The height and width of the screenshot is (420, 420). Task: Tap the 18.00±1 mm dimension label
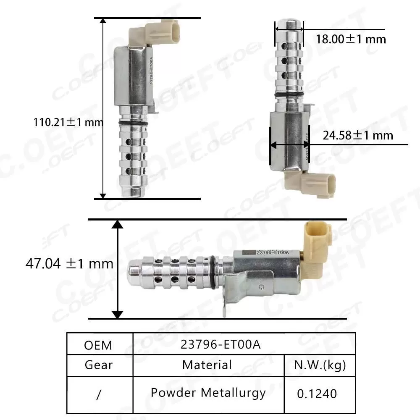point(351,39)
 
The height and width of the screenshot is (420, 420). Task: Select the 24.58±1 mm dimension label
point(358,135)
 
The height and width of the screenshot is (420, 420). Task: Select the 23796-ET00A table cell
point(220,344)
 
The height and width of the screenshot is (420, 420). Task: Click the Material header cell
point(207,365)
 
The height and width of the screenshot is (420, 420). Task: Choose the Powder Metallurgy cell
point(208,393)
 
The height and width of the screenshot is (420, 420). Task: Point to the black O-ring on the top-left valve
point(133,122)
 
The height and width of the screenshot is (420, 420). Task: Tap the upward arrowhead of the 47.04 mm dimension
point(118,225)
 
